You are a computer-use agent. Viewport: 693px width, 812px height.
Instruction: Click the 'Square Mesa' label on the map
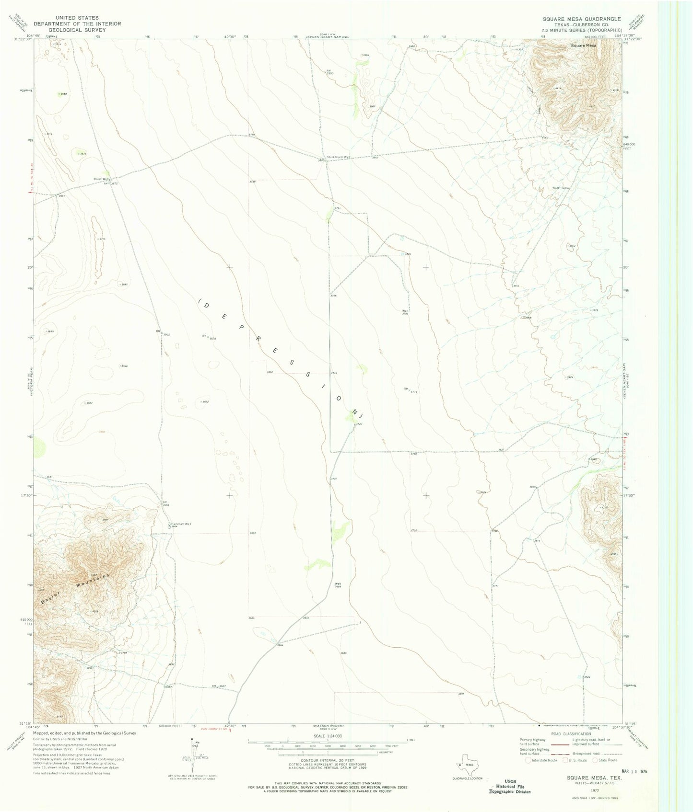tap(584, 46)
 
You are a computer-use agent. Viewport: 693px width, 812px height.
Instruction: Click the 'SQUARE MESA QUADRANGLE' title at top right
tap(582, 19)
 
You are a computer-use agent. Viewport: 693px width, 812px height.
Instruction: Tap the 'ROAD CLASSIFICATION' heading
tap(571, 734)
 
